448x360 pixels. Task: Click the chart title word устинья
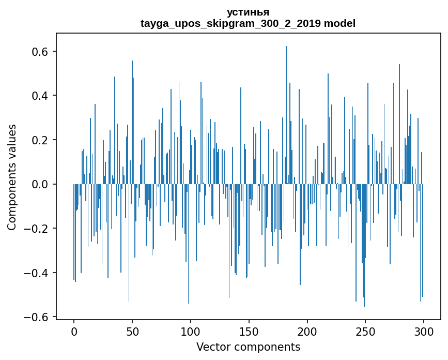coord(248,12)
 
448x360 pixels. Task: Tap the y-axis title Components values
coord(12,177)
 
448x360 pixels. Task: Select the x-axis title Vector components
coord(248,347)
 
